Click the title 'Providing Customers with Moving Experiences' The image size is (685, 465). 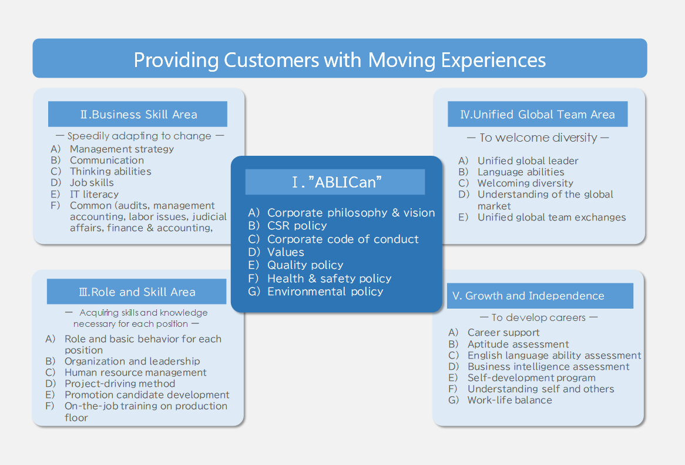(x=340, y=59)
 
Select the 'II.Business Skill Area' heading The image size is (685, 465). (x=138, y=115)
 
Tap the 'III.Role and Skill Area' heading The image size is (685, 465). (x=136, y=292)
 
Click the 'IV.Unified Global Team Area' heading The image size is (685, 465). (x=538, y=115)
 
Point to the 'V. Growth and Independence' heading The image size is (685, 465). (x=528, y=296)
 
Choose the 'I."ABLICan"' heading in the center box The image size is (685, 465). (x=335, y=182)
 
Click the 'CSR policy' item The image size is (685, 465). (x=297, y=226)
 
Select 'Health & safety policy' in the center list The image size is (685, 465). (x=329, y=279)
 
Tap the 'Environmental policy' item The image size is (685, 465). (x=325, y=292)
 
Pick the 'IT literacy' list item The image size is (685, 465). (x=94, y=194)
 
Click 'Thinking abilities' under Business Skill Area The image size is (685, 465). (x=110, y=172)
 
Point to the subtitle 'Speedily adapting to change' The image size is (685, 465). (x=139, y=136)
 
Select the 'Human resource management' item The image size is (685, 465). (x=135, y=373)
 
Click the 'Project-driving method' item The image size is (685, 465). (x=120, y=384)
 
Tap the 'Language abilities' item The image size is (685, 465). (x=521, y=172)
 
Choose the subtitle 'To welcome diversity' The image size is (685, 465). (x=538, y=138)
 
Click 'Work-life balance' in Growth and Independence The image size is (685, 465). (x=509, y=400)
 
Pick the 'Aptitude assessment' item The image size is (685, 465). (x=518, y=344)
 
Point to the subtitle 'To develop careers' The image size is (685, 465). (x=539, y=317)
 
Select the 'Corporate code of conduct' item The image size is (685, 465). (x=343, y=239)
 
